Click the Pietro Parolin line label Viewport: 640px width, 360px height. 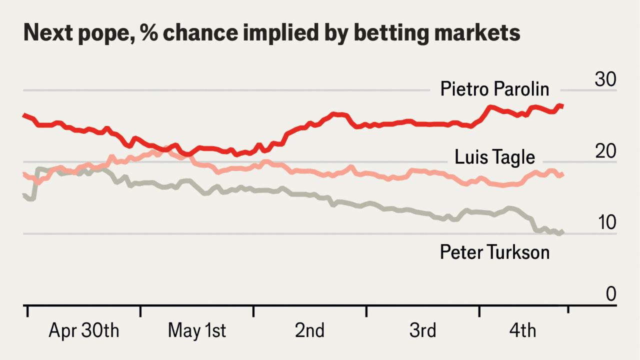click(x=494, y=89)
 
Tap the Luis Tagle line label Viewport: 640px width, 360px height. click(x=494, y=157)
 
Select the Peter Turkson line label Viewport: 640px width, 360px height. click(x=494, y=252)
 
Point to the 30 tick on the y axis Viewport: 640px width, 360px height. click(x=605, y=79)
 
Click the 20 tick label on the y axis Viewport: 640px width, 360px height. click(x=605, y=151)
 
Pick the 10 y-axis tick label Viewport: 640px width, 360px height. click(x=605, y=223)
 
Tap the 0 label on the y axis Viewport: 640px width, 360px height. click(x=611, y=294)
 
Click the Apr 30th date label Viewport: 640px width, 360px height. click(x=83, y=331)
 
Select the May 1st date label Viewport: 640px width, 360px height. click(x=197, y=331)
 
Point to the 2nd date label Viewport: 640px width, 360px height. click(x=309, y=331)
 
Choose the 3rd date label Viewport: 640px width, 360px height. click(x=422, y=331)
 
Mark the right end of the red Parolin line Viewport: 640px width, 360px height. click(x=563, y=105)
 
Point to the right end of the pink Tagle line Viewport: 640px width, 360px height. click(x=563, y=174)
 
